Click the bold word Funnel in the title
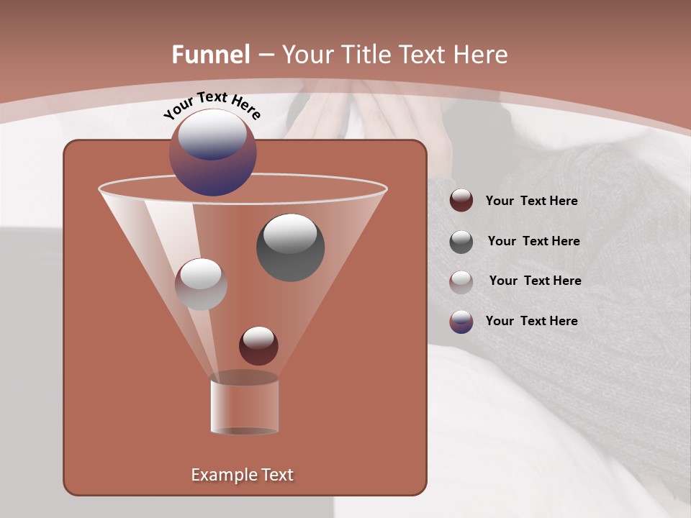tap(211, 55)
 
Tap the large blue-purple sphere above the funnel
tap(213, 152)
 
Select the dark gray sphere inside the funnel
tap(290, 247)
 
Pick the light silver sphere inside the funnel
tap(201, 283)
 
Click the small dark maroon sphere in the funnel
tap(258, 345)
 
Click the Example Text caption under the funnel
tap(242, 475)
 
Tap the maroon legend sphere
tap(461, 201)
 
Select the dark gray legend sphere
tap(461, 241)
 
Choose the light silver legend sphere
tap(461, 281)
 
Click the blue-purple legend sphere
tap(461, 321)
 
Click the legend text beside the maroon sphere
tap(531, 201)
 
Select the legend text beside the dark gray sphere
tap(533, 241)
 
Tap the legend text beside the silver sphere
tap(535, 281)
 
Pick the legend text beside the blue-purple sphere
tap(531, 321)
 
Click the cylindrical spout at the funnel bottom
tap(244, 404)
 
